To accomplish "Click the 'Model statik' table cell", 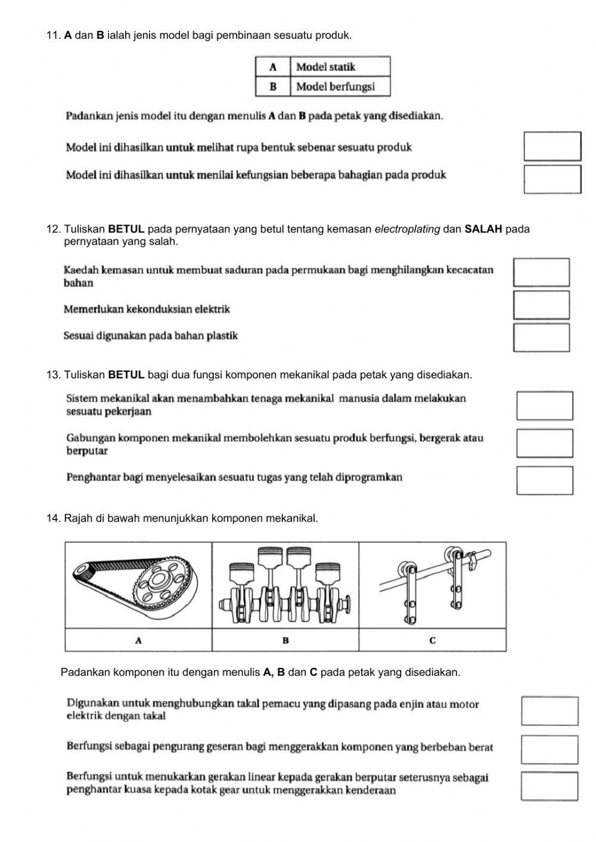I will coord(340,67).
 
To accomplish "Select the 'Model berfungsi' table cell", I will coord(340,86).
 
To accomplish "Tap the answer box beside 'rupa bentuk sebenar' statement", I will coord(552,147).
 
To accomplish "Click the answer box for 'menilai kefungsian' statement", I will coord(552,179).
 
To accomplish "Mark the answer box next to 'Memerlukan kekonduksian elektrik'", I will coord(541,305).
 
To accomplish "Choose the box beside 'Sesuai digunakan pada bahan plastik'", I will coord(541,337).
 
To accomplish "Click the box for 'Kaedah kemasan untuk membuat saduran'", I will coord(541,272).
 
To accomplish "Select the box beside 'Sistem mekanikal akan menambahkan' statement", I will coord(545,406).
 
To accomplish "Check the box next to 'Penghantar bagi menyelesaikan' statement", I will coord(545,480).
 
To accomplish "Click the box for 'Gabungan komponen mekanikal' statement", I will coord(545,443).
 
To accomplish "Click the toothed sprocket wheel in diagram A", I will coord(160,582).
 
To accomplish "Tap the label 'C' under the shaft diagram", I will coord(432,641).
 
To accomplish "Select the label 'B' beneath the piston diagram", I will coord(285,641).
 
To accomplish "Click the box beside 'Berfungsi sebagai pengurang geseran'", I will coord(549,750).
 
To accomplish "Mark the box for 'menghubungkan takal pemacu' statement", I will coord(549,711).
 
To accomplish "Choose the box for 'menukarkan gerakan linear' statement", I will coord(549,786).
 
